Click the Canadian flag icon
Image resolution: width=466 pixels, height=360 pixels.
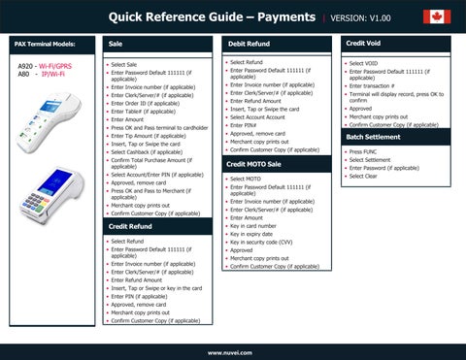pos(437,16)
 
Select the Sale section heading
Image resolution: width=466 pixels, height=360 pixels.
pos(116,45)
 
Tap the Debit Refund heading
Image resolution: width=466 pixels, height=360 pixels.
pos(250,45)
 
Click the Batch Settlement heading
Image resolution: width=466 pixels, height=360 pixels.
pos(376,138)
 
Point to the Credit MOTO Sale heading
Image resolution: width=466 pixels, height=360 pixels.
pos(254,164)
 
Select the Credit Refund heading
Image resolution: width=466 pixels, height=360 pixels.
pos(130,225)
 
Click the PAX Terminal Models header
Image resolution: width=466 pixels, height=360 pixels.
pos(45,45)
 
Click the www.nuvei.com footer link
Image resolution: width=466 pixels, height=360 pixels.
pos(233,351)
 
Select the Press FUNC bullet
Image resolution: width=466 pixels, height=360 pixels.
pos(363,151)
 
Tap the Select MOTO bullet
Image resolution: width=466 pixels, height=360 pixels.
pos(245,178)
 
